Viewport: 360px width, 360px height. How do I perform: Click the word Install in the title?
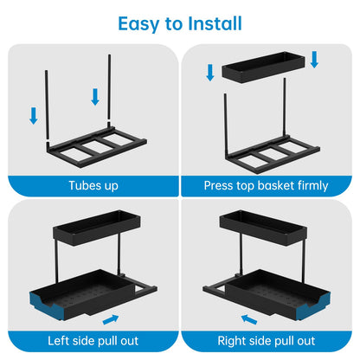(213, 23)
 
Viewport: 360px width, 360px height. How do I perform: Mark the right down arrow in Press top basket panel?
(315, 59)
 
